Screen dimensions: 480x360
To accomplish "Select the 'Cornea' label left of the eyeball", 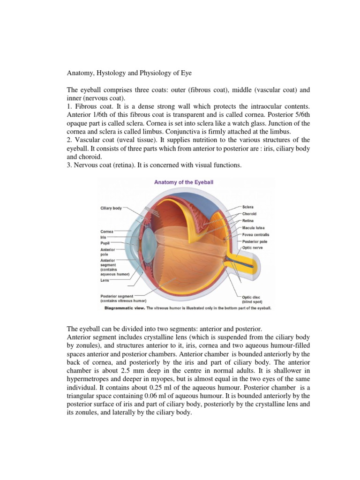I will tap(106, 231).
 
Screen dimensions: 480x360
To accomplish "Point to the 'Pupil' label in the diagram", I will tap(105, 244).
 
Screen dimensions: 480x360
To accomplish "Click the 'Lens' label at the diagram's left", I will tap(105, 280).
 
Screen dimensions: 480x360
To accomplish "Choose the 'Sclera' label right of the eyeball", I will tap(248, 207).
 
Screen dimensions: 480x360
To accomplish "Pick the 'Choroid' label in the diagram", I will tap(250, 214).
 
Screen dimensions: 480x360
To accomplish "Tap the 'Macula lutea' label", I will tap(254, 228).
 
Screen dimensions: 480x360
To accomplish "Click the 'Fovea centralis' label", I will tap(256, 234).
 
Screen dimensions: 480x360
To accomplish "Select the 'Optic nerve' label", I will tap(252, 247).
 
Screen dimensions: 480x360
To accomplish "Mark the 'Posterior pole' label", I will tap(255, 241).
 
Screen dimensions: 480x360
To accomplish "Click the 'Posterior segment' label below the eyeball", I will tap(117, 296).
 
